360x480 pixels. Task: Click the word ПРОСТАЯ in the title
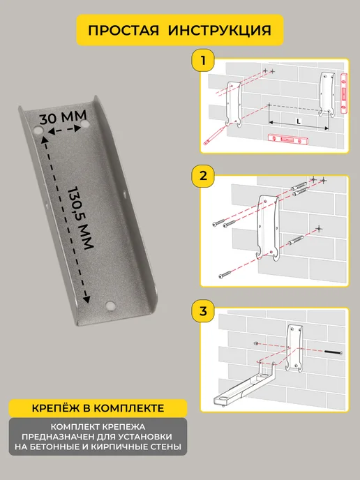tap(123, 30)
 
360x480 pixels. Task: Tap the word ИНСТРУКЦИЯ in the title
tap(220, 30)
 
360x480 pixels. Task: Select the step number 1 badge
tap(202, 61)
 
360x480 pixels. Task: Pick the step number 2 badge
tap(202, 176)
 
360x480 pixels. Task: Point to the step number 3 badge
tap(202, 311)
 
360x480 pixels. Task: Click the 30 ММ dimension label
tap(63, 117)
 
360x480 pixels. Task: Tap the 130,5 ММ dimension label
tap(80, 218)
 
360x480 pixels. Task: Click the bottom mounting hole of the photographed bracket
tap(110, 305)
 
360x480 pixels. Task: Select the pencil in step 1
tap(214, 137)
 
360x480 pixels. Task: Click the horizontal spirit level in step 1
tap(288, 140)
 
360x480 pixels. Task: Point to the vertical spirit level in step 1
tap(344, 93)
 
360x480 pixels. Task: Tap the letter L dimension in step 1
tap(299, 121)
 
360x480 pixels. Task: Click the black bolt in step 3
tap(333, 352)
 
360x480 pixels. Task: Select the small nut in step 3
tap(255, 343)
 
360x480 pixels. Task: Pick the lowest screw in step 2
tap(225, 275)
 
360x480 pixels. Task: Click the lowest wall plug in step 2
tap(297, 240)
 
